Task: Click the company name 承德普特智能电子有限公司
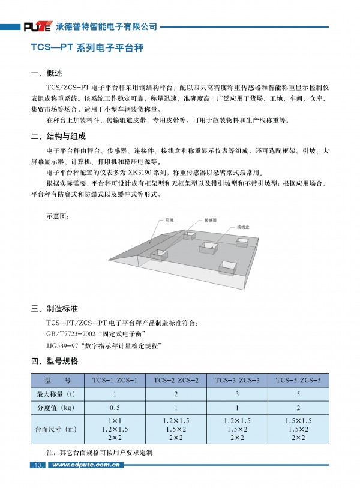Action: [106, 26]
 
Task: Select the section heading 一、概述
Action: [46, 74]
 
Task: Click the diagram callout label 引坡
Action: [169, 220]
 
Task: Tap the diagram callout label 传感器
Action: [211, 220]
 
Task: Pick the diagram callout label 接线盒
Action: [242, 227]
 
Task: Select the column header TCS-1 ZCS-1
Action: [115, 380]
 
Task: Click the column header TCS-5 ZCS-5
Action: [298, 380]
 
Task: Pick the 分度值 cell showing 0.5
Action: [115, 407]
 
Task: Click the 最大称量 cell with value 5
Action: [298, 394]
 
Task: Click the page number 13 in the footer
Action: [37, 465]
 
